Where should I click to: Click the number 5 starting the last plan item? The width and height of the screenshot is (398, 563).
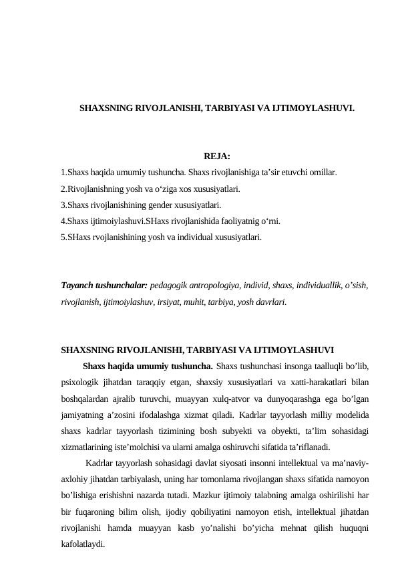(x=63, y=237)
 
